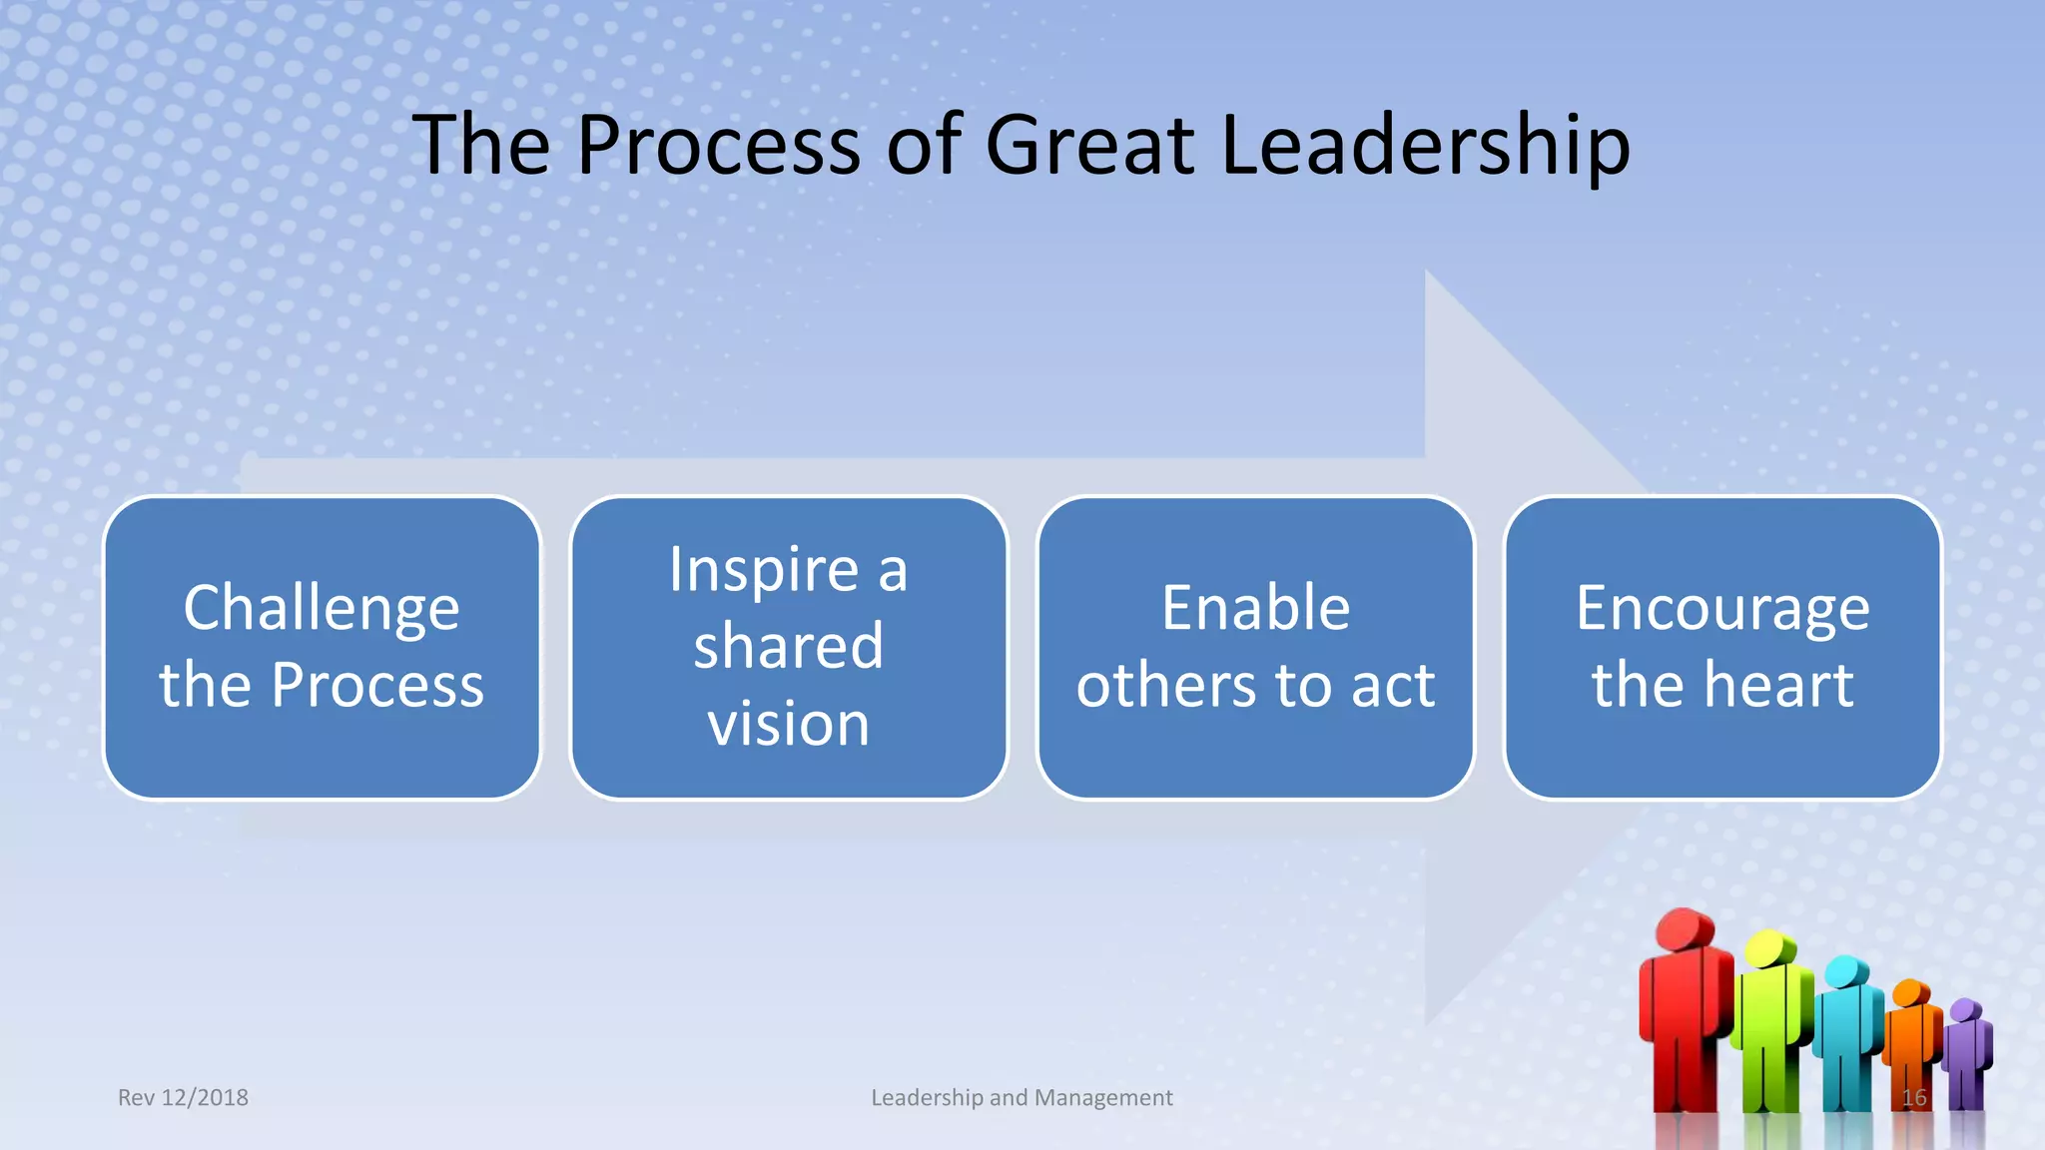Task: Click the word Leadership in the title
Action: click(x=1425, y=146)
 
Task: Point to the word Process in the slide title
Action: click(x=718, y=146)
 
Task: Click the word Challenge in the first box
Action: click(x=322, y=608)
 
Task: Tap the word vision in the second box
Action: click(x=789, y=723)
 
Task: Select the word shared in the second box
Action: click(x=789, y=646)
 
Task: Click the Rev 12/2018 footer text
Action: click(x=183, y=1097)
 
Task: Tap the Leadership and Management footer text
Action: click(x=1022, y=1097)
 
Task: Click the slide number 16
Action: click(x=1913, y=1098)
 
